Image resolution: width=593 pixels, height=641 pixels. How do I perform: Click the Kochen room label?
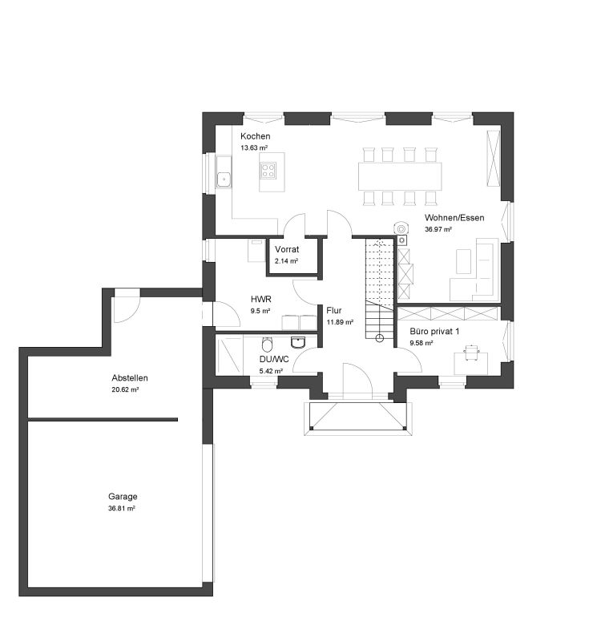point(255,136)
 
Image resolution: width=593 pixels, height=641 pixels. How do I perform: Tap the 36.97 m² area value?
point(438,229)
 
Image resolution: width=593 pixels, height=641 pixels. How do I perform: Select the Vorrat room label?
point(287,249)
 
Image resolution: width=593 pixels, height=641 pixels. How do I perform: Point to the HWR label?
point(261,299)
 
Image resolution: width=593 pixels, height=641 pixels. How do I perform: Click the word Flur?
point(333,310)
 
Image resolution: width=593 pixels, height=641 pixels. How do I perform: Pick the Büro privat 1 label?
point(434,331)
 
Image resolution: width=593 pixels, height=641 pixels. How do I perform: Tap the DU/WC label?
point(274,359)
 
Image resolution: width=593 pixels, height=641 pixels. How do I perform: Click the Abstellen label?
point(130,377)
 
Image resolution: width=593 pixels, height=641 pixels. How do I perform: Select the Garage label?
point(123,497)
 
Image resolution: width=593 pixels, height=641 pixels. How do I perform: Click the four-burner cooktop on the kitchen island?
point(268,171)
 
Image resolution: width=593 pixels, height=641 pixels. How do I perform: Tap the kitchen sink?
point(224,179)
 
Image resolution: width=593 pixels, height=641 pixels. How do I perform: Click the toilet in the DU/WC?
point(267,345)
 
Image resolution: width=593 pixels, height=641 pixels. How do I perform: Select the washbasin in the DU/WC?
point(298,342)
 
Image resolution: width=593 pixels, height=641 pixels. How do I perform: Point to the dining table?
point(401,176)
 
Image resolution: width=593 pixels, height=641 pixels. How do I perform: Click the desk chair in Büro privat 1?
point(472,352)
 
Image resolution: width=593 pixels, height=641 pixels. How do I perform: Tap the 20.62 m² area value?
point(125,389)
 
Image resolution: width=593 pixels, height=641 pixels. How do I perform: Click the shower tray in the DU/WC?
point(229,355)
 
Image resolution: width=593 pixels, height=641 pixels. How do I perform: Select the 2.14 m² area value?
point(286,261)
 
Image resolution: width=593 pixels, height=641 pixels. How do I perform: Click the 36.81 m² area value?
point(122,509)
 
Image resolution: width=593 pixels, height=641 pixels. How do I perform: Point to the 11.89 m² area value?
point(340,322)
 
